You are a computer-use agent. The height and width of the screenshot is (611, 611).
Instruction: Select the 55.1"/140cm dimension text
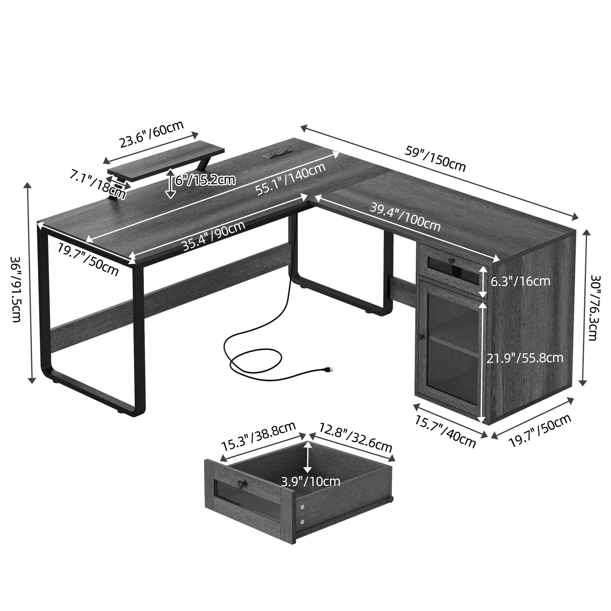point(290,179)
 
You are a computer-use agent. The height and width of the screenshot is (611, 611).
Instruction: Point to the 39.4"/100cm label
point(405,218)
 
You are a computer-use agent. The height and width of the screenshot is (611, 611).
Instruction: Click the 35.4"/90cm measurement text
point(214,235)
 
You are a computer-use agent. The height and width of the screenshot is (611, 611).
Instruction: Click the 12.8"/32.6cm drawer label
point(355,438)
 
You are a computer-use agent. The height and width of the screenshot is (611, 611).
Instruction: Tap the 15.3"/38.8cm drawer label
point(258,436)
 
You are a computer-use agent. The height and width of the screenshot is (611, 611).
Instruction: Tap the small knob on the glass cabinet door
point(420,337)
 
